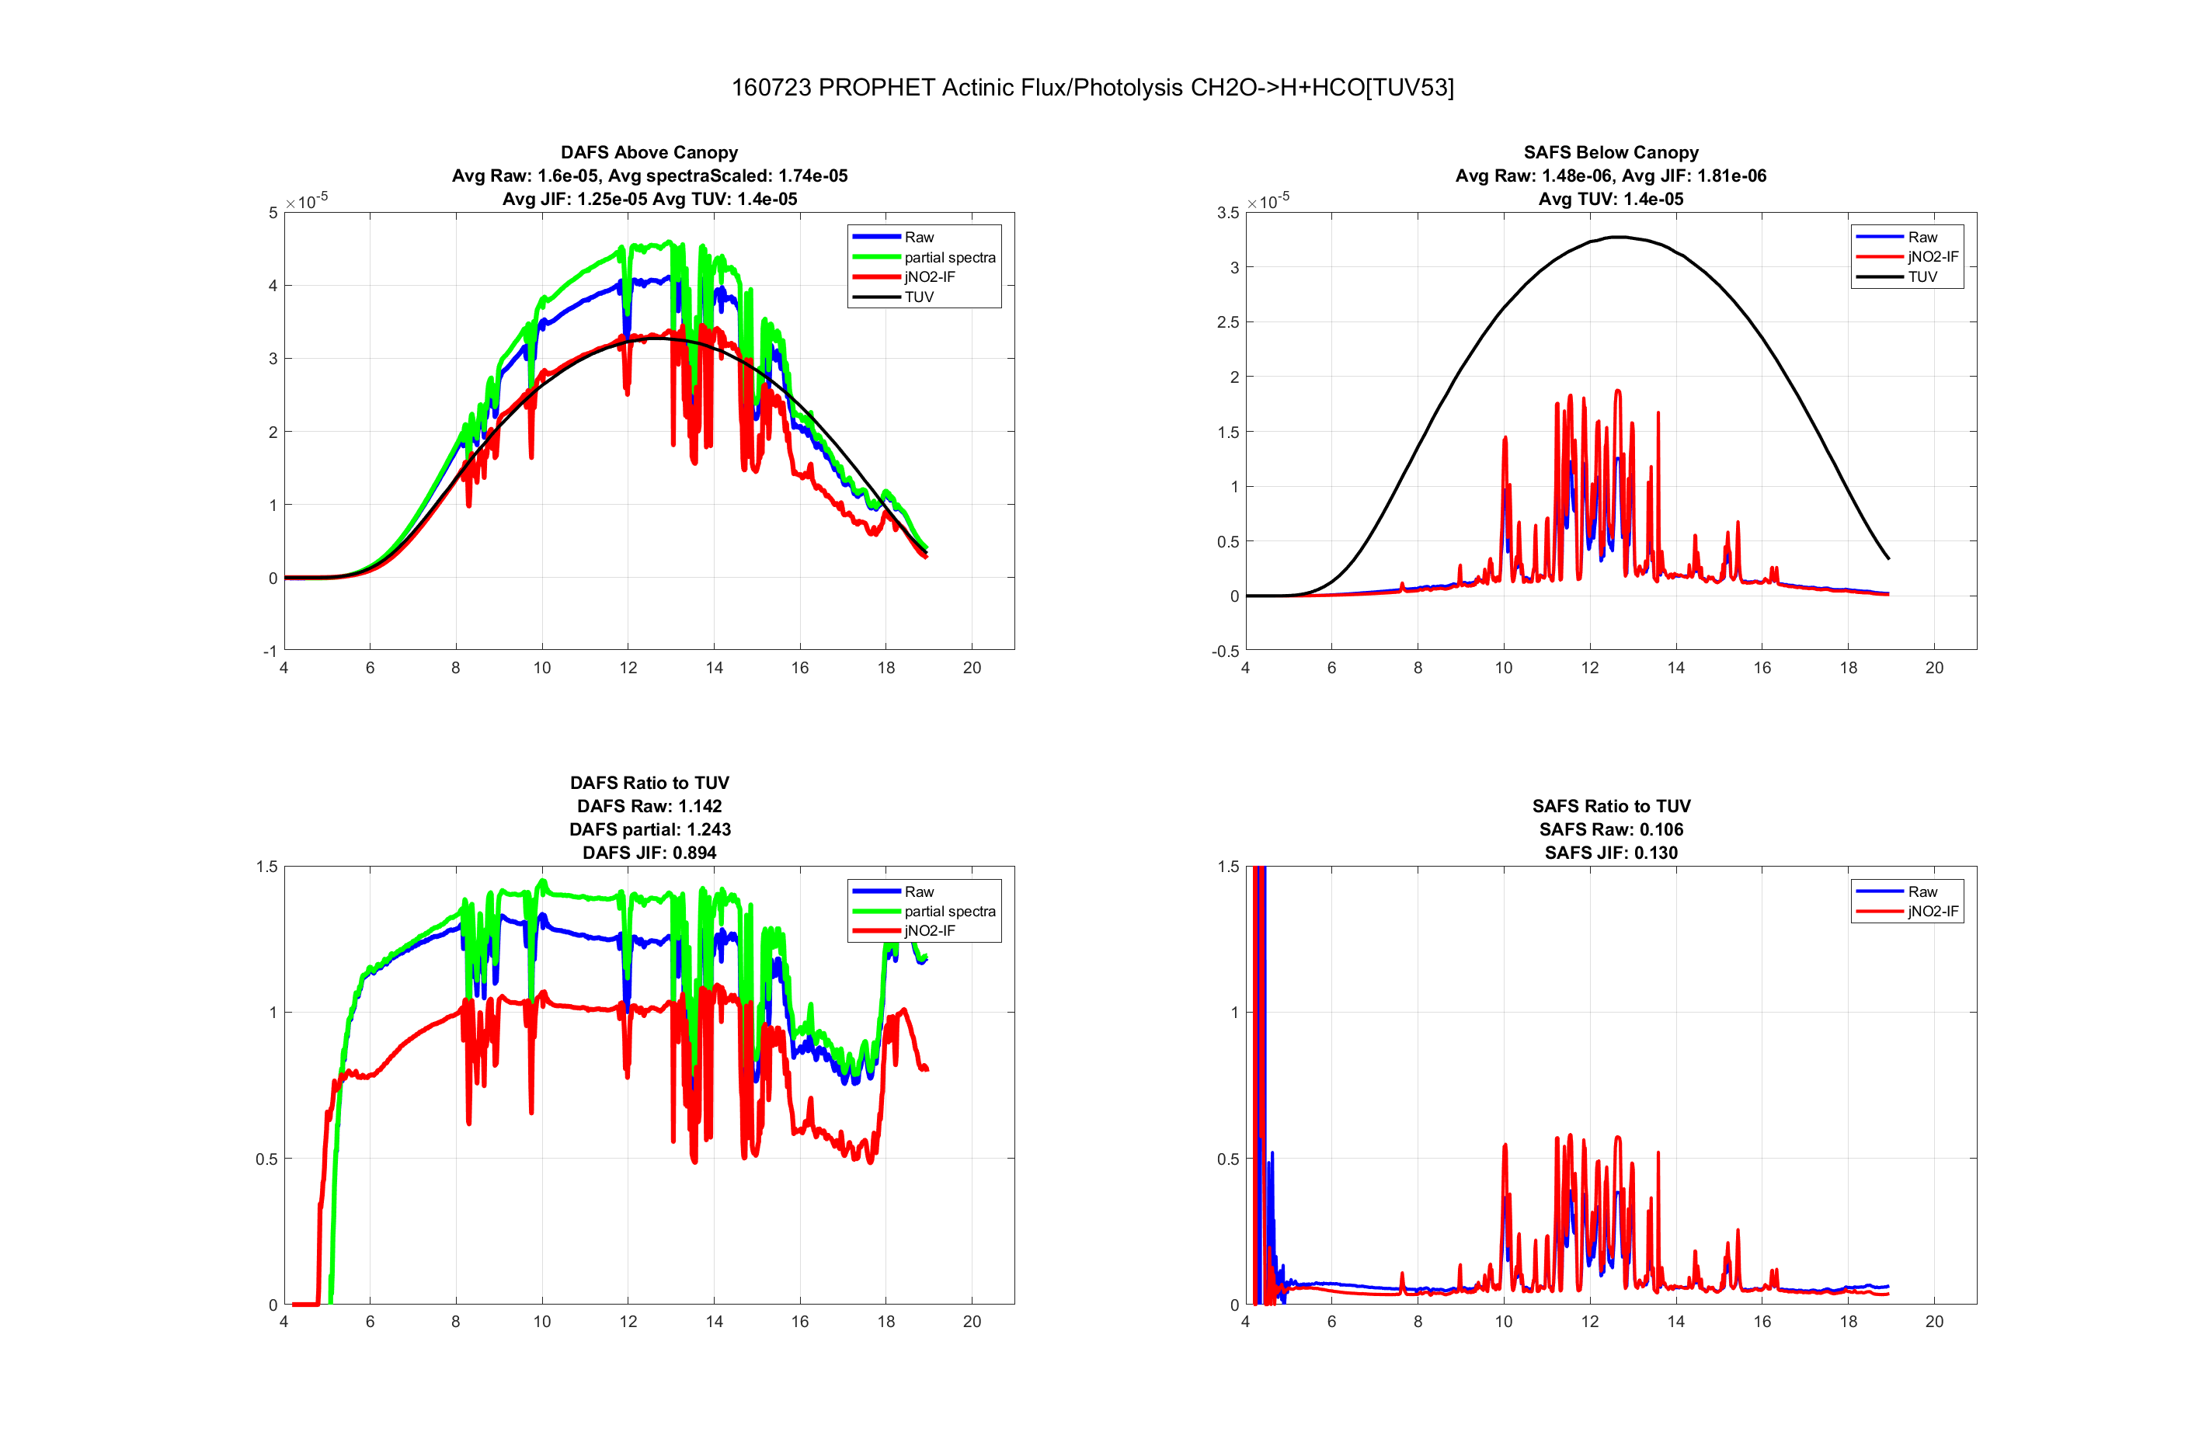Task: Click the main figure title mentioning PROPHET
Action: [x=1092, y=87]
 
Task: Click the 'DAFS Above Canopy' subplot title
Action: [x=649, y=152]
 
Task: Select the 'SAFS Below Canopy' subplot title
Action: [x=1610, y=152]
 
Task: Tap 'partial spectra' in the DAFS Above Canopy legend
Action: [x=949, y=257]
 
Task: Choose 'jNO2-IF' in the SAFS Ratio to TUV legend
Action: [x=1933, y=911]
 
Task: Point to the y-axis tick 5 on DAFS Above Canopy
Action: [x=273, y=213]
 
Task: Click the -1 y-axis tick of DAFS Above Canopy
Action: [x=270, y=651]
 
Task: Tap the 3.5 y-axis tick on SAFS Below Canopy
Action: [x=1227, y=213]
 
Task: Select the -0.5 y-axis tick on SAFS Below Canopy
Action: [x=1225, y=651]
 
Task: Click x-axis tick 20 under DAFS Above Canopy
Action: [x=971, y=668]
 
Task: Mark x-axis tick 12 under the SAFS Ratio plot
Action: [x=1590, y=1322]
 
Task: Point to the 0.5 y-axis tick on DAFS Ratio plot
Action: [x=266, y=1159]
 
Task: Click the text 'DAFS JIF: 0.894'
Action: [x=649, y=853]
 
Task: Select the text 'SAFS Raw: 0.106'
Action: [x=1610, y=829]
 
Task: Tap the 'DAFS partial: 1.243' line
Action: [x=649, y=829]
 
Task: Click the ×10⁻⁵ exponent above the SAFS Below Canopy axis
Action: [x=1268, y=200]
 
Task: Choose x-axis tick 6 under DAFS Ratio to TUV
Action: [x=370, y=1322]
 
